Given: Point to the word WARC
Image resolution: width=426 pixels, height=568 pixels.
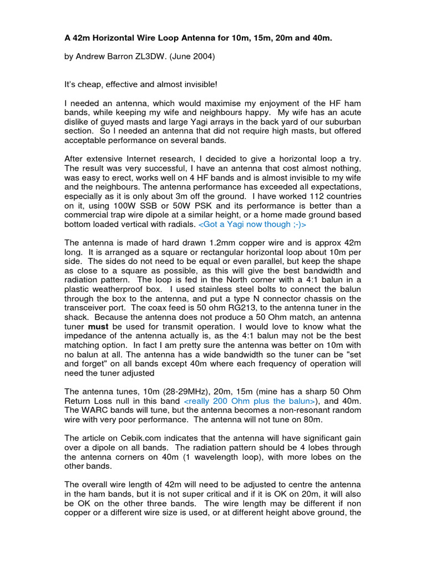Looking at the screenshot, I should (x=95, y=410).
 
